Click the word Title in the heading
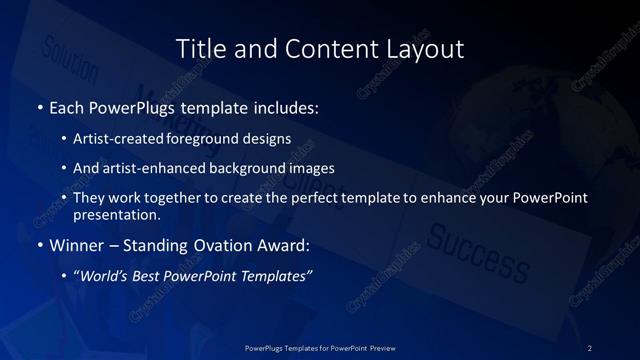tap(199, 48)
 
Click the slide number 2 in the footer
tap(590, 347)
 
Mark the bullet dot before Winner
tap(40, 245)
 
